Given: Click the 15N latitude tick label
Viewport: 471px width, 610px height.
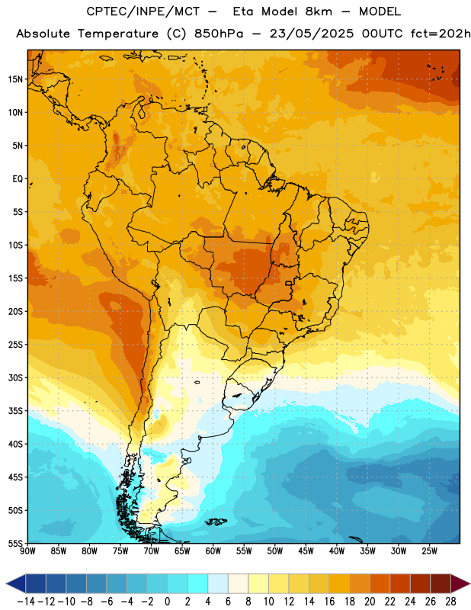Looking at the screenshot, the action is pos(15,79).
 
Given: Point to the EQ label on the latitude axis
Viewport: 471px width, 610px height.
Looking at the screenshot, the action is pos(18,179).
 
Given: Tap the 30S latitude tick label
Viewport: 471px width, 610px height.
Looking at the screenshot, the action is pos(15,377).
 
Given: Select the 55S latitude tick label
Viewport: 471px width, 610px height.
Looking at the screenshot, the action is pos(15,544).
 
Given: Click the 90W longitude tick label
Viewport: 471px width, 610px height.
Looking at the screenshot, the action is pos(27,551).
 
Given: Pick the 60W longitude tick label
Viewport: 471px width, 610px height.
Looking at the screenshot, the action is pos(213,551).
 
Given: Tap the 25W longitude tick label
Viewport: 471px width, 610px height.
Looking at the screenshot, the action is pos(429,551).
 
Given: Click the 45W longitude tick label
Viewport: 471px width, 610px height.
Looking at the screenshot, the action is pos(306,551).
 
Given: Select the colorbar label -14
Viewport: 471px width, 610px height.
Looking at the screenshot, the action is pos(26,602).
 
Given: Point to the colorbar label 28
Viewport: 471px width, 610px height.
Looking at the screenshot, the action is pos(450,602).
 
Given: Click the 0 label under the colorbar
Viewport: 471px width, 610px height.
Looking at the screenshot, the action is pos(167,602).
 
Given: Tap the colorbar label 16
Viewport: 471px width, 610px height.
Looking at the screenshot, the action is pos(329,602).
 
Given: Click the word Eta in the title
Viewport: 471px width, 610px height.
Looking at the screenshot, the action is pos(242,11).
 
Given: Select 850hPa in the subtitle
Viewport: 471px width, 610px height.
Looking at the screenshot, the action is pos(219,34).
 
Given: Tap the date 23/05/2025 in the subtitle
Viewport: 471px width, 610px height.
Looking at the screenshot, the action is pos(312,34).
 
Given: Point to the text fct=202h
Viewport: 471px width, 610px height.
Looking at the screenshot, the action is pos(441,34).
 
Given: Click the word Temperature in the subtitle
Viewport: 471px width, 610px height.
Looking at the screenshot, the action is pos(118,34).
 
